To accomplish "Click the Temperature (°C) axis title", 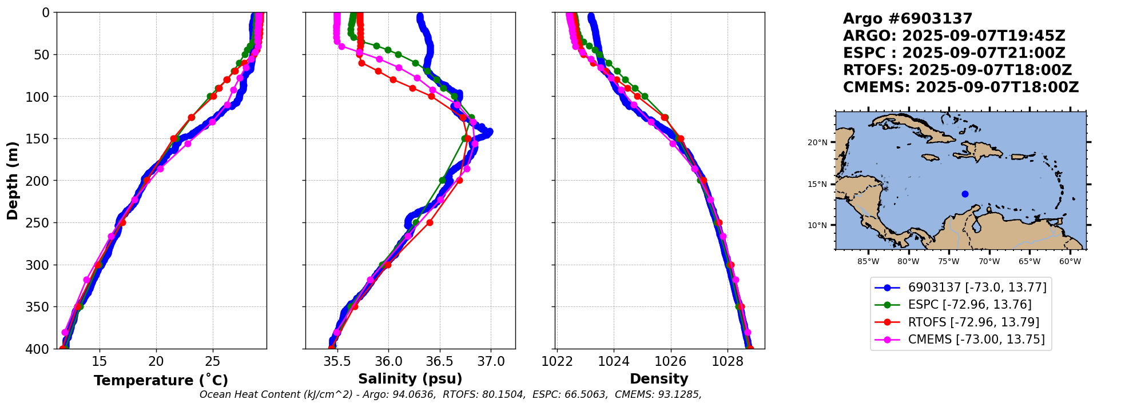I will coord(161,381).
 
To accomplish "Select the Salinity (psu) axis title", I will coord(410,379).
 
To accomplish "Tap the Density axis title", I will coord(659,379).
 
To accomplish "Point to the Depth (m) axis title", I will coord(13,181).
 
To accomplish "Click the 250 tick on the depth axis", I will coord(42,223).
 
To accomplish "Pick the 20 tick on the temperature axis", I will coord(156,362).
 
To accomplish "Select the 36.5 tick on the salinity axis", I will coord(440,362).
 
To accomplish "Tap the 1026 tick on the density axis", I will coord(670,362).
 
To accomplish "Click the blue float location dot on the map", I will coord(965,194).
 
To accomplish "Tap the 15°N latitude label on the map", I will coord(817,184).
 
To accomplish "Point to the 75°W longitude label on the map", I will coord(948,262).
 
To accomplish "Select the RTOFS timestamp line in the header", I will coord(957,70).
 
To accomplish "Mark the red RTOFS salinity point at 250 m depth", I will coord(430,222).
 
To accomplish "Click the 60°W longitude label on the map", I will coord(1070,262).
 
